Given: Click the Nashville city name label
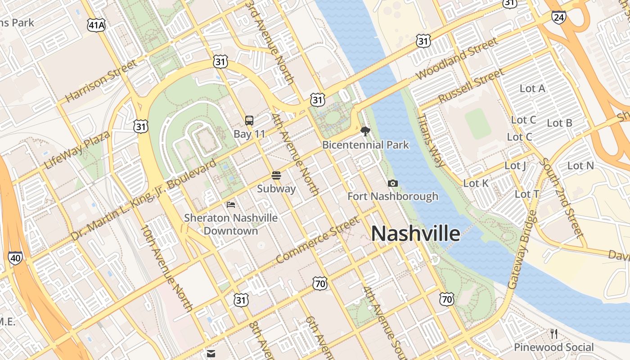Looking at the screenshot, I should [415, 234].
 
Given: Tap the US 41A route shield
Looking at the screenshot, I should [96, 25].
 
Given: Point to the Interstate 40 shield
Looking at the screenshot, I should [15, 258].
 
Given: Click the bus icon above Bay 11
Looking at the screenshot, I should [249, 120].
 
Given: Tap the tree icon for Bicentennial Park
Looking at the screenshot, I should [365, 131].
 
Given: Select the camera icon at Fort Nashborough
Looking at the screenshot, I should [392, 183].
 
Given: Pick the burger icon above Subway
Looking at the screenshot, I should [276, 175].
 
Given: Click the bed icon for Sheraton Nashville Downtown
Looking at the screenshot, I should [231, 205].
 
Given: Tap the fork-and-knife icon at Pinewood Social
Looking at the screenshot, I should [554, 333].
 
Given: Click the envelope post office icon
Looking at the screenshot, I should [211, 353].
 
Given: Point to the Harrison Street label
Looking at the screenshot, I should [101, 81].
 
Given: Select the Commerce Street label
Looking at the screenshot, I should [318, 240].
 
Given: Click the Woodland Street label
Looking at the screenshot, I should [456, 58].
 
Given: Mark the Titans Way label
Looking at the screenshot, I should [431, 140].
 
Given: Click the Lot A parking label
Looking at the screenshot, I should [532, 89].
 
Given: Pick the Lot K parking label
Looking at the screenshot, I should [476, 183].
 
